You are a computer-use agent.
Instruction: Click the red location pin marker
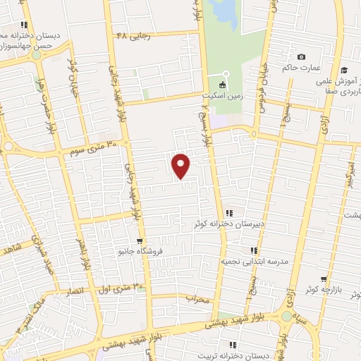181,166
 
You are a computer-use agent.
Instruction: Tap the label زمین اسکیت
221,94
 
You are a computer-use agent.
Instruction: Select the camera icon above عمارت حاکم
302,57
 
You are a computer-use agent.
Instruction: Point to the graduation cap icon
344,70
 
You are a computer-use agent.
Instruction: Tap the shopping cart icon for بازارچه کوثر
323,280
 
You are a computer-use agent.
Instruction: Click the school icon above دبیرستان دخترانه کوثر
230,212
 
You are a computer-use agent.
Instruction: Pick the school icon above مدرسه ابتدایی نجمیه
253,250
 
